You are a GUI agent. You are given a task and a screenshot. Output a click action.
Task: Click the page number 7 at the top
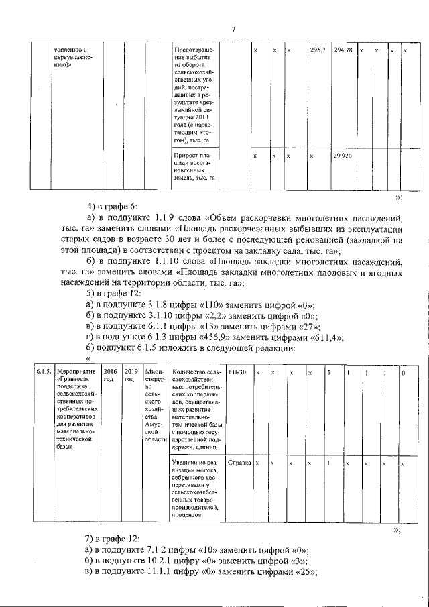pos(233,28)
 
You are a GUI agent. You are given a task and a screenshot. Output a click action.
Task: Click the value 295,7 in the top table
pos(318,50)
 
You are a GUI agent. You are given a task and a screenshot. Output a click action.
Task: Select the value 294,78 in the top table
pos(343,50)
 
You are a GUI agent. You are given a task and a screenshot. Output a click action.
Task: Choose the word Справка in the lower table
pos(239,463)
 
